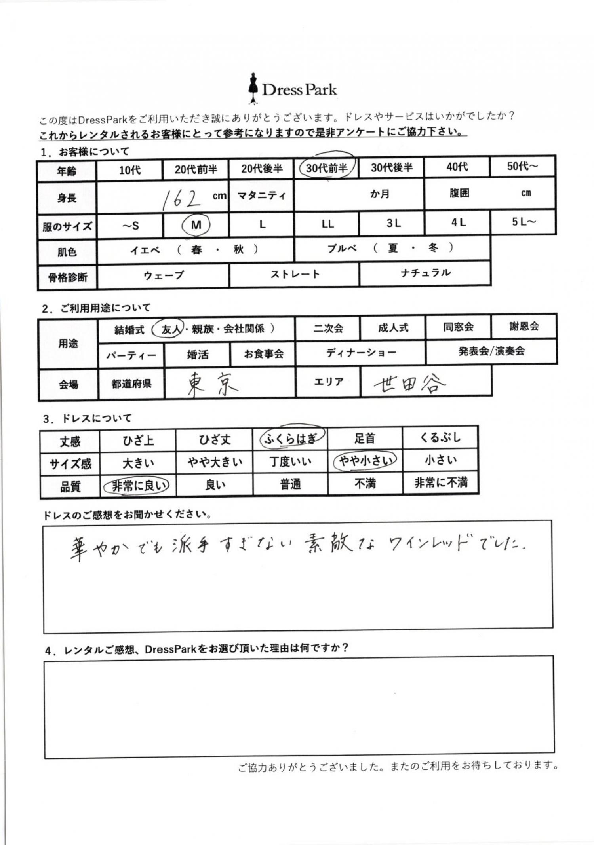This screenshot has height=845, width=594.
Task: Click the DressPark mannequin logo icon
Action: (x=253, y=89)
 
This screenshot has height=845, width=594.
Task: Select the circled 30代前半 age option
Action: (x=327, y=168)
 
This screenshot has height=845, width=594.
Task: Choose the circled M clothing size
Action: (x=196, y=225)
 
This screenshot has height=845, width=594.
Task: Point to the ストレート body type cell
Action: (x=295, y=274)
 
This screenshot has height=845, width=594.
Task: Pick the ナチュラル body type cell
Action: (x=425, y=273)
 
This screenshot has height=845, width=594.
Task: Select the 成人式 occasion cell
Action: (x=393, y=328)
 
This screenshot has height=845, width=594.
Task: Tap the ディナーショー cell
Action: (x=360, y=352)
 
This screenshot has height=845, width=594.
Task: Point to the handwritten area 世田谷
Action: (x=409, y=383)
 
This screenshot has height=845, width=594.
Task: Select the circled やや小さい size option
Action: (x=365, y=461)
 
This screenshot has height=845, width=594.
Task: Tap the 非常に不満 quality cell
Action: (x=441, y=482)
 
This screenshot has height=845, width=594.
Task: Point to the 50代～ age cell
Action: (x=523, y=166)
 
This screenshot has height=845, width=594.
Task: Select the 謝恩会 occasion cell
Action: (x=524, y=327)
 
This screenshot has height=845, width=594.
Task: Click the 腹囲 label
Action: (x=459, y=193)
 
